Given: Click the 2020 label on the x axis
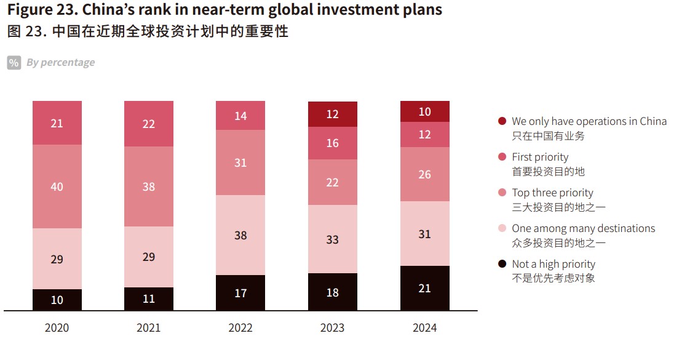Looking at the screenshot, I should [x=57, y=328].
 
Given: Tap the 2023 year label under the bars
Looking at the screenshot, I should [x=332, y=328].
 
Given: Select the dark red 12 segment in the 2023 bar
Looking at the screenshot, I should [x=332, y=114].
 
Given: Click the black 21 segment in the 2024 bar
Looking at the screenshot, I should [x=424, y=288].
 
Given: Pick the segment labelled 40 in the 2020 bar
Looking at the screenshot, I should [x=57, y=186].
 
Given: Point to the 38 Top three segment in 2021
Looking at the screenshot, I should [x=148, y=186].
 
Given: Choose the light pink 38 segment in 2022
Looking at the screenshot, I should [x=240, y=234].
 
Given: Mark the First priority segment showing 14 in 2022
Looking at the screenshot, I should [x=240, y=116].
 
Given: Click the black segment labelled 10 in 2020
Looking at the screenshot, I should [x=57, y=300].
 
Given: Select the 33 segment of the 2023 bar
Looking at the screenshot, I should [x=332, y=239].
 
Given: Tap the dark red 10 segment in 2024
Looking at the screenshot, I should [x=424, y=112].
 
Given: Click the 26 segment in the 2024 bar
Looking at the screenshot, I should [x=424, y=174].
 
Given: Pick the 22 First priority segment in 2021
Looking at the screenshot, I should [x=148, y=124].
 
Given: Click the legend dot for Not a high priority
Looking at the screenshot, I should [x=502, y=264].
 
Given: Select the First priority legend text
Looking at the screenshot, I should [x=540, y=157].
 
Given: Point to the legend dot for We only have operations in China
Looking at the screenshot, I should [x=502, y=121].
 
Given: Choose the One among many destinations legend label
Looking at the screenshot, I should [x=583, y=228].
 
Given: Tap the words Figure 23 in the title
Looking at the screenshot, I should [x=41, y=10].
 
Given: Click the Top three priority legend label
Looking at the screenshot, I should [x=552, y=193].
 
